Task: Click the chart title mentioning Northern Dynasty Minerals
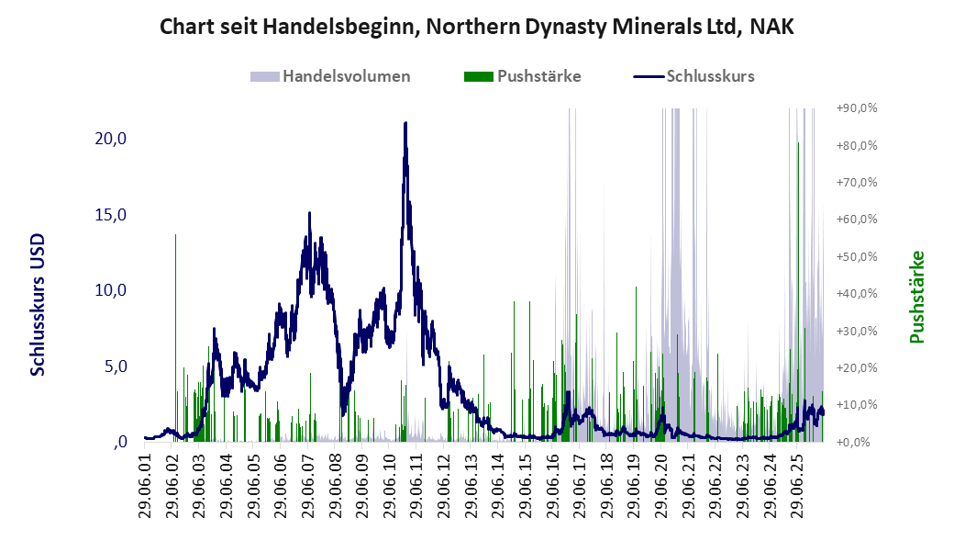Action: (476, 27)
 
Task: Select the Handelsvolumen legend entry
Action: (330, 76)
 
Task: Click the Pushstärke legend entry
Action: (523, 76)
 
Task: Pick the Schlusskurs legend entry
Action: (694, 76)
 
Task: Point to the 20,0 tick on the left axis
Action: (111, 139)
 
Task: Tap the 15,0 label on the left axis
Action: (111, 215)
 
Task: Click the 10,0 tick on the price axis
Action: (111, 290)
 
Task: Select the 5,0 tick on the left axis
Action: (115, 366)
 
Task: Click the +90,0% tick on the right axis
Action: (857, 108)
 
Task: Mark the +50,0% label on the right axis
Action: (857, 256)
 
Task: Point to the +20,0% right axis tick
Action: (857, 368)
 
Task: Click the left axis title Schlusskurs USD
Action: (38, 305)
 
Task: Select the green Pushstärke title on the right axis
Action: (917, 298)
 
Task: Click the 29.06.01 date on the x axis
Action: (146, 485)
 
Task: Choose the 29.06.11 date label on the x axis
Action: (416, 485)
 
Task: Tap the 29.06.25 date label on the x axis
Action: (797, 485)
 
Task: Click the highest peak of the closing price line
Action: (405, 124)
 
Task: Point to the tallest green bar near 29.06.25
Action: (798, 292)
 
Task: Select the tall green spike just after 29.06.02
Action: (175, 338)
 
